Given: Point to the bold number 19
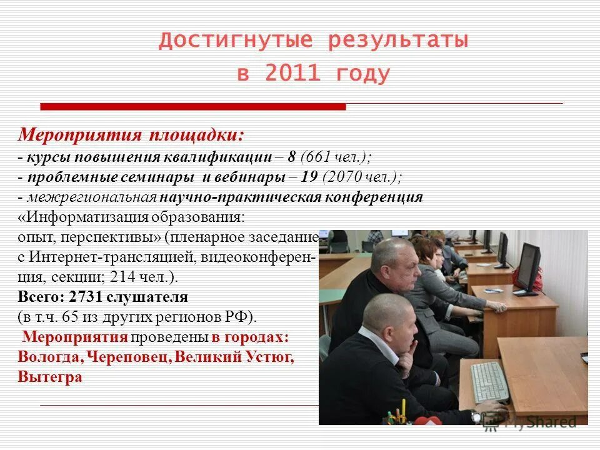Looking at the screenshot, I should click(x=309, y=177).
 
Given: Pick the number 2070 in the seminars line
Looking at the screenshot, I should click(x=346, y=177).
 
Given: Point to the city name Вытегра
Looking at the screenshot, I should click(x=50, y=377).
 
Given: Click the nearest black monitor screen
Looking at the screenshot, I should click(x=529, y=266).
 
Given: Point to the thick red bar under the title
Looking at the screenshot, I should click(x=193, y=107).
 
